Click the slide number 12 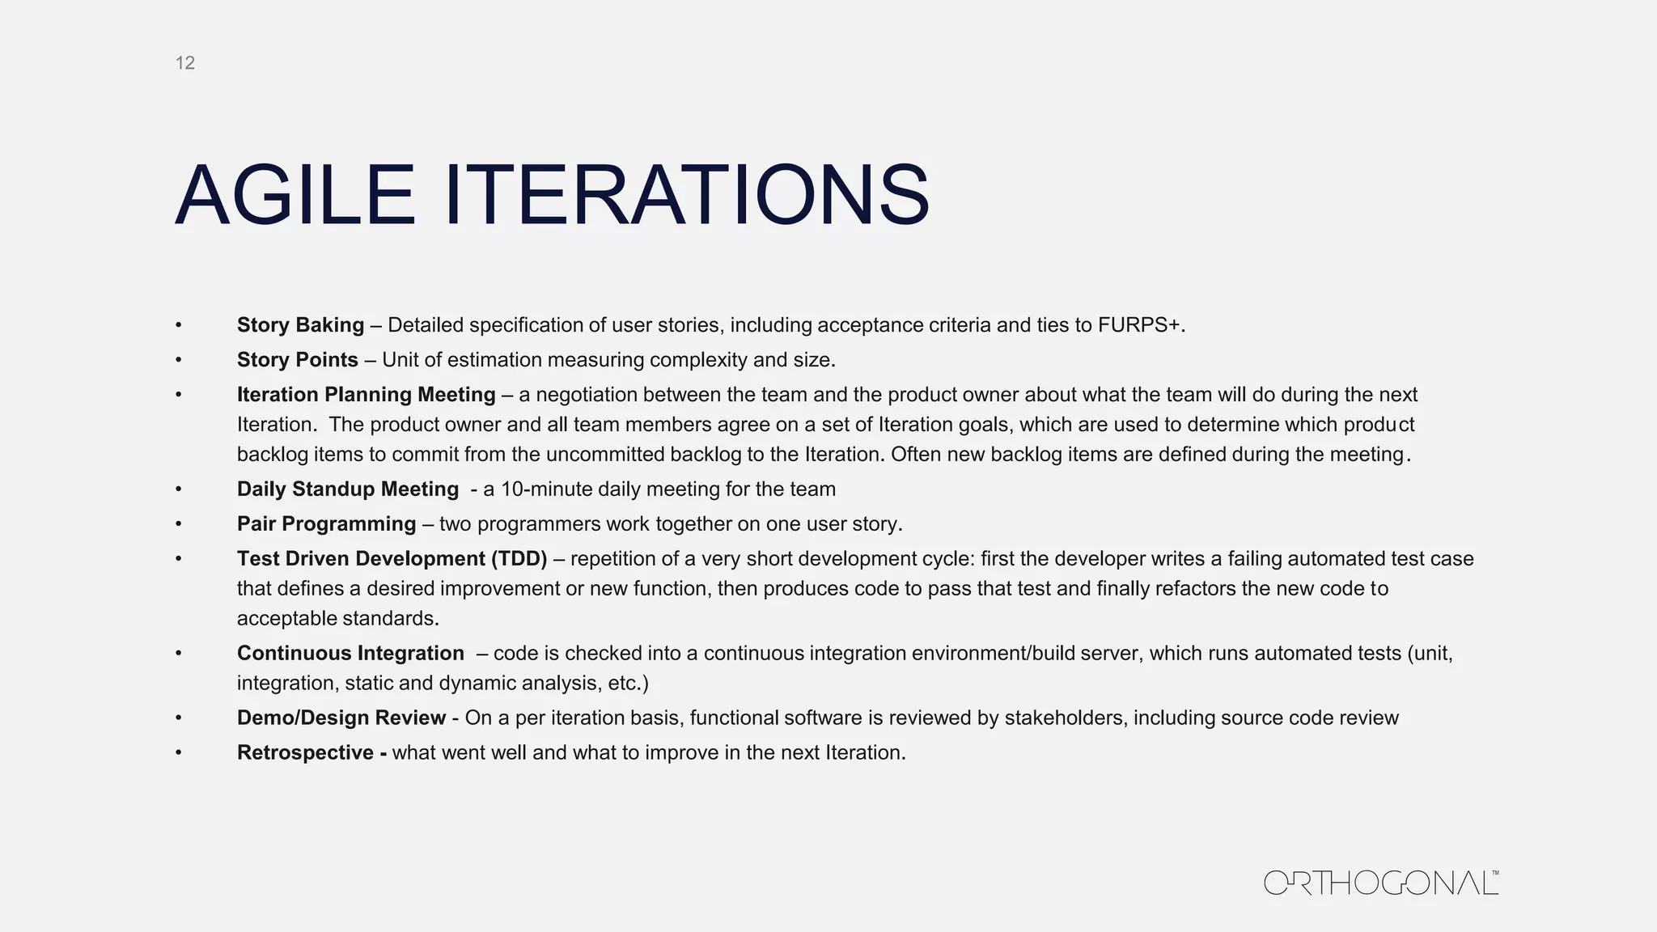click(185, 63)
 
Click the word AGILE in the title click(295, 196)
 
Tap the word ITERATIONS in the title click(687, 196)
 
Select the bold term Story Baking click(300, 325)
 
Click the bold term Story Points click(297, 360)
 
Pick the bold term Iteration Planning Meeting click(366, 395)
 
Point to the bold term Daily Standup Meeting click(348, 489)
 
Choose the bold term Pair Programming click(326, 524)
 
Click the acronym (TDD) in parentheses click(519, 559)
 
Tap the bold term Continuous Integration click(350, 654)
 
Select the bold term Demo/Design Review click(341, 718)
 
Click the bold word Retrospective click(305, 753)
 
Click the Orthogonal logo click(1381, 883)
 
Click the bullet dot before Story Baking click(178, 325)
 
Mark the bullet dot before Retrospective click(178, 753)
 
